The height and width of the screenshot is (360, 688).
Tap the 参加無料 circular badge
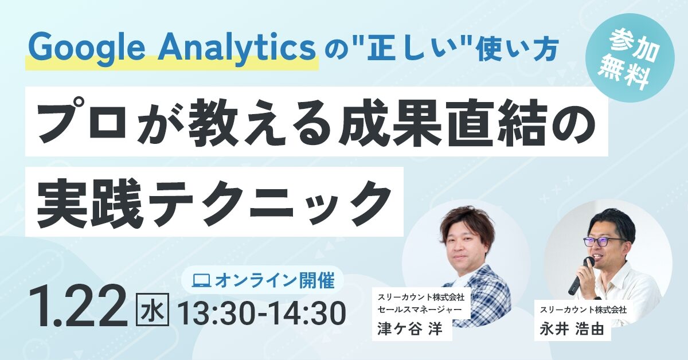pos(631,58)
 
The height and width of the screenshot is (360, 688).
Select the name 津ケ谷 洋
pos(410,329)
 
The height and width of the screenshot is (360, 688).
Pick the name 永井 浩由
pos(572,329)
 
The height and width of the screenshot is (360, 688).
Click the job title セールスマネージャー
pos(420,309)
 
